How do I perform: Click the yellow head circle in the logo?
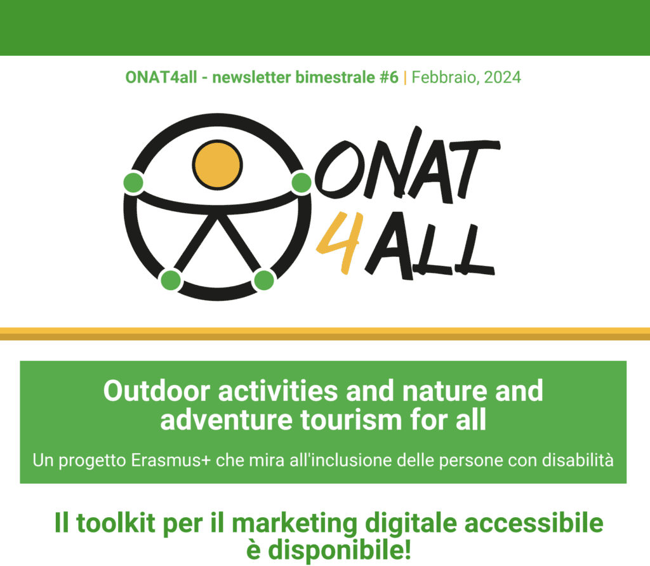(x=217, y=165)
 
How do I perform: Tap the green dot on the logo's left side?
(x=133, y=182)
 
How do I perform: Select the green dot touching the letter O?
(x=302, y=182)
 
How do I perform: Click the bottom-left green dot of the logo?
(x=170, y=280)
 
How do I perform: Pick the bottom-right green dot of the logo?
(x=263, y=280)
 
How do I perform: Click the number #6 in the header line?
(x=389, y=77)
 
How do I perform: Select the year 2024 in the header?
(x=503, y=77)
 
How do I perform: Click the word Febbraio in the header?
(x=446, y=78)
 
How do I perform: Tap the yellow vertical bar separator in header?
(x=405, y=78)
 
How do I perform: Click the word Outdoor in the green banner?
(x=157, y=391)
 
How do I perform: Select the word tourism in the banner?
(x=352, y=420)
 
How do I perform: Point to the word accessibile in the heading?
(x=534, y=523)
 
